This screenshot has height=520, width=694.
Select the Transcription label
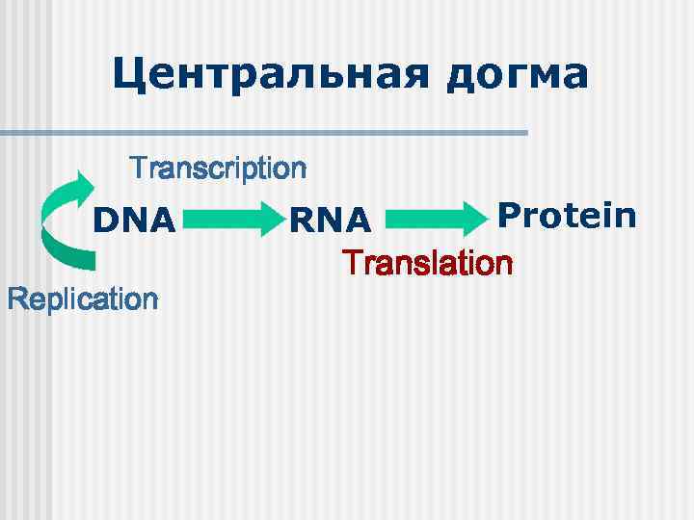(219, 169)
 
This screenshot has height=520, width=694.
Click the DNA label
(135, 221)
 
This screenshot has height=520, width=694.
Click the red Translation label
(429, 263)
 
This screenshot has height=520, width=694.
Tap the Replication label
(82, 299)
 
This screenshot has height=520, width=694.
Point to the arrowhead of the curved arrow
(85, 184)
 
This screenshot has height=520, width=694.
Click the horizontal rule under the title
(264, 133)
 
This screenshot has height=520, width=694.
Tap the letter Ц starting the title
(128, 75)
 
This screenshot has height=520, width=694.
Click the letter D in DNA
(105, 221)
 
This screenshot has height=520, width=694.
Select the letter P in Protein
(508, 215)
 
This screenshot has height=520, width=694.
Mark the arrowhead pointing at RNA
(274, 221)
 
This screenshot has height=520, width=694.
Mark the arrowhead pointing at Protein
(474, 220)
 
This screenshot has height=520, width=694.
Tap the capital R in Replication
(16, 299)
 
